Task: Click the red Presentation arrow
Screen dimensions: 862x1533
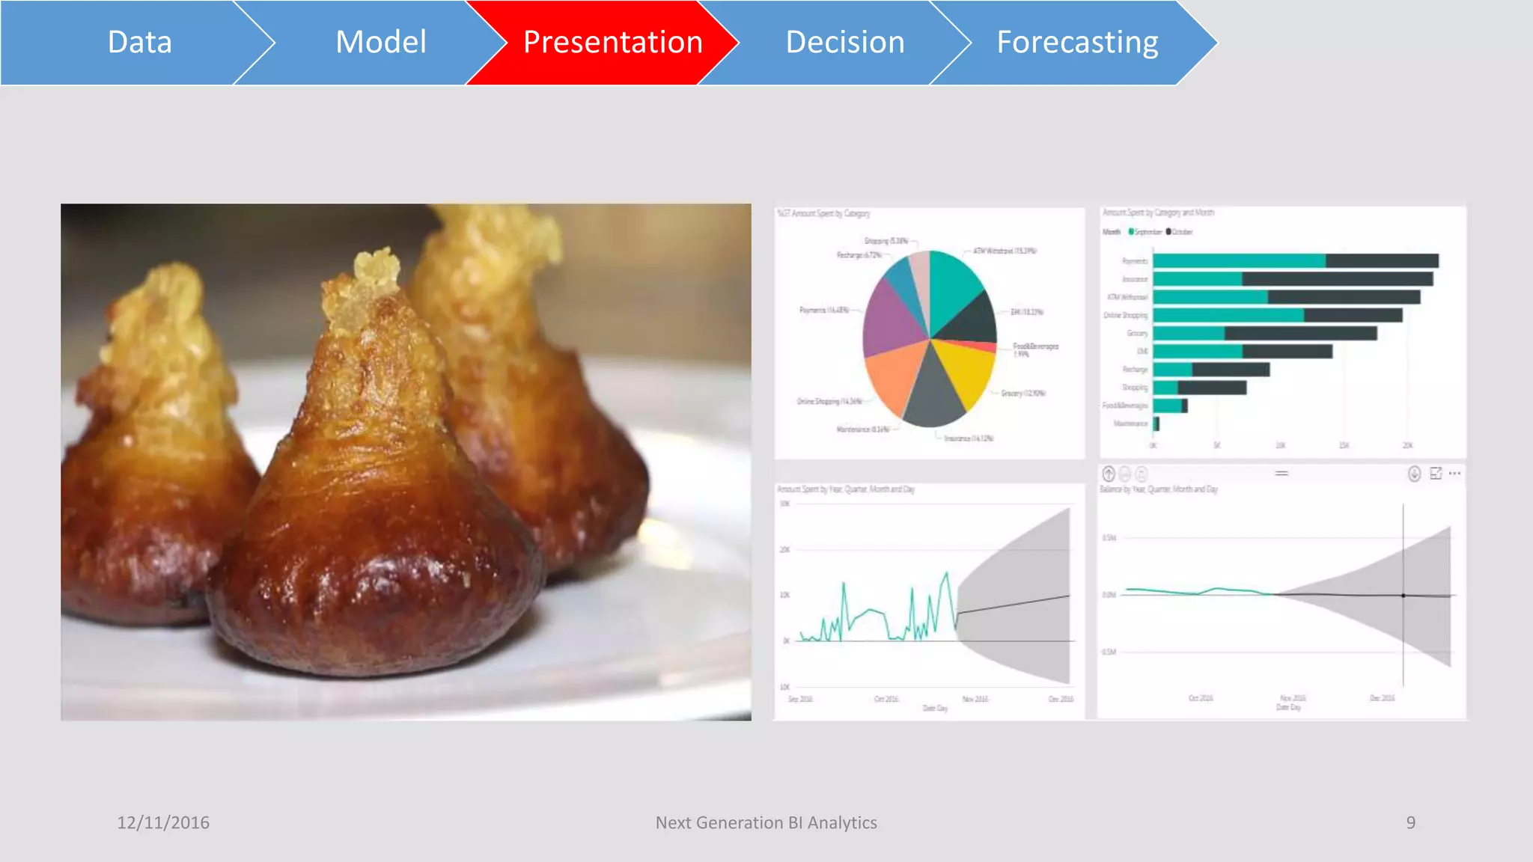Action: (612, 43)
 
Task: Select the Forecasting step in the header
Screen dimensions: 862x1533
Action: (1077, 43)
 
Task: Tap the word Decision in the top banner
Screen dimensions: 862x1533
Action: (845, 43)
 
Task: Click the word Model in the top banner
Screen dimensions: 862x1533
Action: (381, 43)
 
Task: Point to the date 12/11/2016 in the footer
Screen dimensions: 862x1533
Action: (163, 822)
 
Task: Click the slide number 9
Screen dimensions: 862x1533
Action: (1410, 822)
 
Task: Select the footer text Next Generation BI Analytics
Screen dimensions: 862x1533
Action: (766, 822)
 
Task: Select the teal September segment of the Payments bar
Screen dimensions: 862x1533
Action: (1239, 261)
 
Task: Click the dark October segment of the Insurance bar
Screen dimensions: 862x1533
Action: (1337, 279)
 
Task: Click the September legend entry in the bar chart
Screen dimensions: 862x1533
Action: (1145, 232)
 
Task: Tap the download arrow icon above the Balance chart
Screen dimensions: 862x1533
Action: (1414, 474)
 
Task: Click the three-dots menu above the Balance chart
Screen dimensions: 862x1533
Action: (1454, 474)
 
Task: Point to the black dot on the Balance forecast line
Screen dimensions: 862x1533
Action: (1404, 596)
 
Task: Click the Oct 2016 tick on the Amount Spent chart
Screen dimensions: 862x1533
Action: (886, 699)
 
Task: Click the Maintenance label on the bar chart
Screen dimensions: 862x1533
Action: (1130, 424)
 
